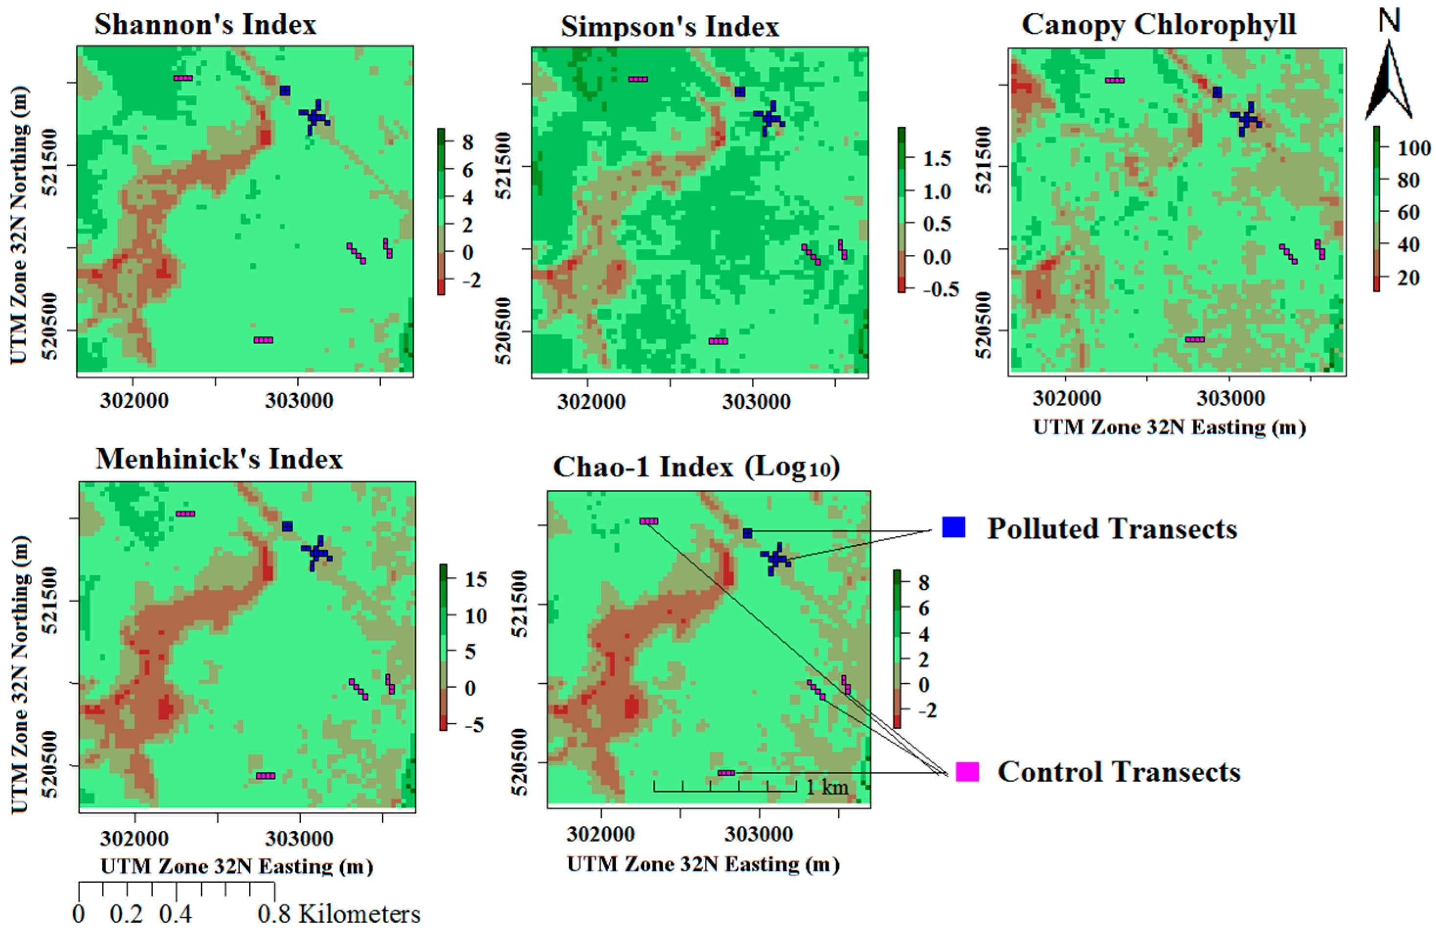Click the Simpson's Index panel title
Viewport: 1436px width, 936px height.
click(x=670, y=27)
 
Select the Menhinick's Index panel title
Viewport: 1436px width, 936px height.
click(x=219, y=459)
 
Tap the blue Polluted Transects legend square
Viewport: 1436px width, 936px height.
click(x=954, y=527)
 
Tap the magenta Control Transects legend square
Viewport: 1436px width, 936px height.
click(x=967, y=772)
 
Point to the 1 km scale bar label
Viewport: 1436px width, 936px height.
click(x=827, y=787)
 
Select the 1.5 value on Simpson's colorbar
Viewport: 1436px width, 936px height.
click(x=937, y=159)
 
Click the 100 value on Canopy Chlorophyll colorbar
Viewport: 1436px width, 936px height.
click(x=1414, y=148)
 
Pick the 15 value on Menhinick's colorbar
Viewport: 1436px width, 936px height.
click(x=475, y=579)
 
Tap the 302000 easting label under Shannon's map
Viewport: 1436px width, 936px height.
click(x=134, y=401)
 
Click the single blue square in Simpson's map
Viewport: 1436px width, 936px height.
click(x=740, y=91)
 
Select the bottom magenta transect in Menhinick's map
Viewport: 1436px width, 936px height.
click(x=266, y=776)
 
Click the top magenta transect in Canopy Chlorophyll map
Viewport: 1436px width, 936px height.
click(x=1114, y=80)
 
